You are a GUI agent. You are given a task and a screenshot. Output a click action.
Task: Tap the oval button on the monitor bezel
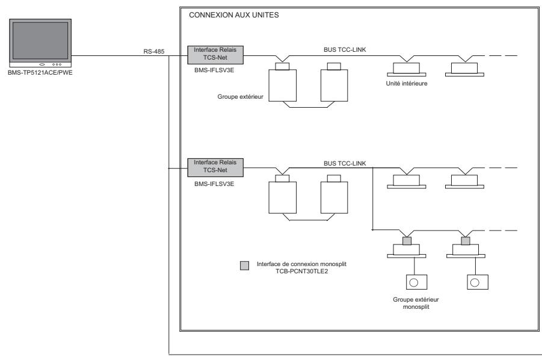click(42, 64)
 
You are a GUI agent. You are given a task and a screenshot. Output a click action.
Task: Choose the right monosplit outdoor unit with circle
click(475, 281)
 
